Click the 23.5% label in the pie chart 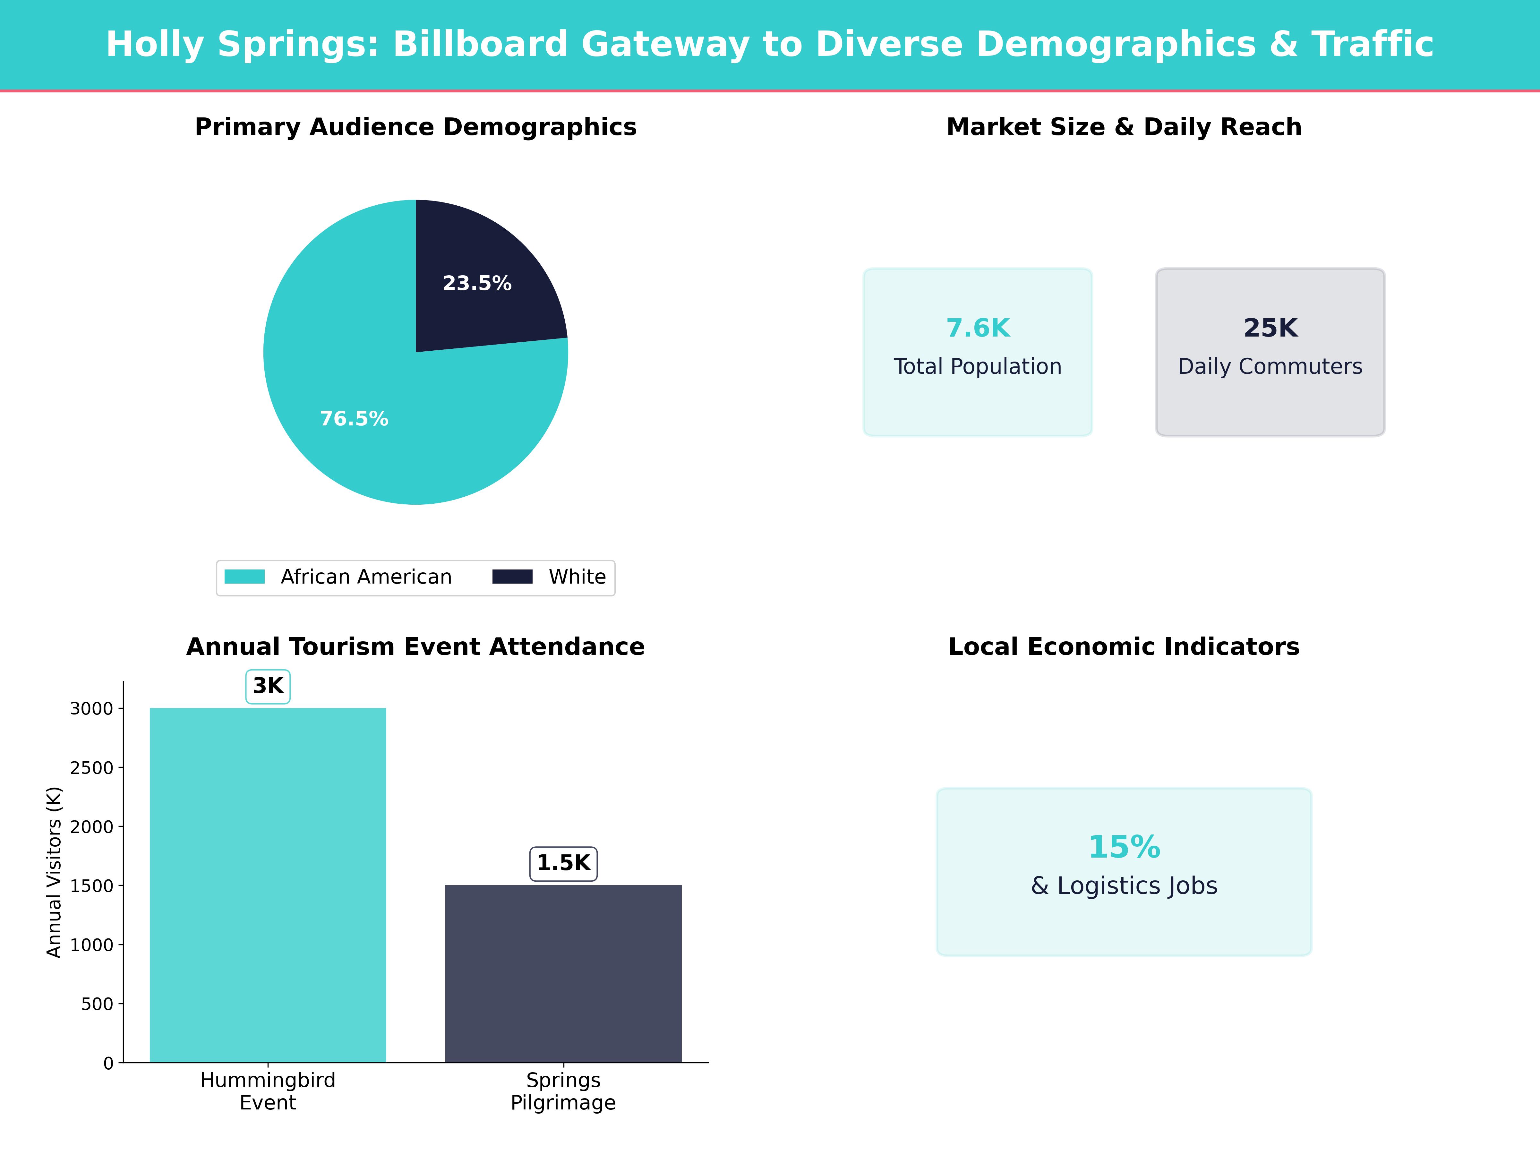click(477, 283)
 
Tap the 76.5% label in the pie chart click(354, 418)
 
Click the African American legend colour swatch click(244, 577)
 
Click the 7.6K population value click(978, 328)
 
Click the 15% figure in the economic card click(1124, 847)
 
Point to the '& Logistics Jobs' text click(1124, 886)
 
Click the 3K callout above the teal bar click(268, 686)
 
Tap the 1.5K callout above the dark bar click(563, 863)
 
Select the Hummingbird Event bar click(268, 884)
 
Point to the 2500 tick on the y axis click(91, 768)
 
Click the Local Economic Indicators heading click(1124, 647)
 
